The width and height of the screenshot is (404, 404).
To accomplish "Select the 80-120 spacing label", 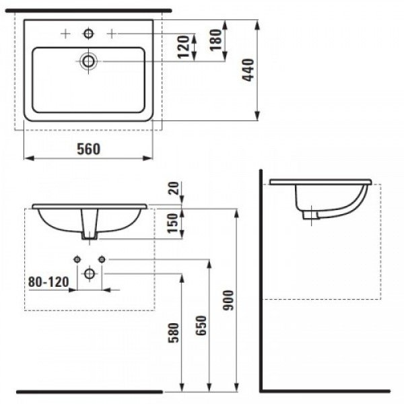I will pyautogui.click(x=48, y=283).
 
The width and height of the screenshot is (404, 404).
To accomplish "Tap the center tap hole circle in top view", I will pyautogui.click(x=88, y=33).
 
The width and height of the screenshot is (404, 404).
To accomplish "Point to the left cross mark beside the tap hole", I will pyautogui.click(x=65, y=33).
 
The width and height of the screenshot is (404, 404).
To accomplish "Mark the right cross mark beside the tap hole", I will pyautogui.click(x=112, y=33).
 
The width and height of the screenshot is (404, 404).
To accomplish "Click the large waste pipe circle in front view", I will pyautogui.click(x=89, y=273).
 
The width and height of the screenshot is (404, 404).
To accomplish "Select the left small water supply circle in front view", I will pyautogui.click(x=77, y=259).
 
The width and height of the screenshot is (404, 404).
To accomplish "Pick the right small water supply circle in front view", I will pyautogui.click(x=102, y=259).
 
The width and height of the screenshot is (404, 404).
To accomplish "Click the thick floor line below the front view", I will pyautogui.click(x=89, y=391).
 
